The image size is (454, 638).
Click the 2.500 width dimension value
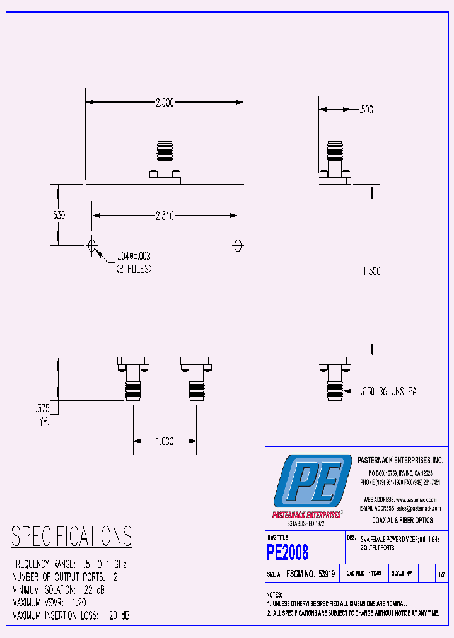[x=164, y=102]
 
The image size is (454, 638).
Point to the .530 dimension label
[x=57, y=215]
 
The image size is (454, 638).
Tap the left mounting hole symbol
[x=92, y=245]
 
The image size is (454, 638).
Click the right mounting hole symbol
[x=238, y=245]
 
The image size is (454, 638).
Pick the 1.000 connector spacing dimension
[x=164, y=441]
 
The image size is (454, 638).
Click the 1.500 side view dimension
[x=372, y=271]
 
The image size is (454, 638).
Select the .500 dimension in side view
[x=366, y=110]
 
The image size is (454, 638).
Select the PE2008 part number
[x=288, y=552]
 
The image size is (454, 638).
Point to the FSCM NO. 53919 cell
[x=310, y=574]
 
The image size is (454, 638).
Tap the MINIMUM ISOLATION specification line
[x=59, y=590]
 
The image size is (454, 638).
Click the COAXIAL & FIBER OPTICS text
[x=402, y=521]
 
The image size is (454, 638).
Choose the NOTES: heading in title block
[x=274, y=594]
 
